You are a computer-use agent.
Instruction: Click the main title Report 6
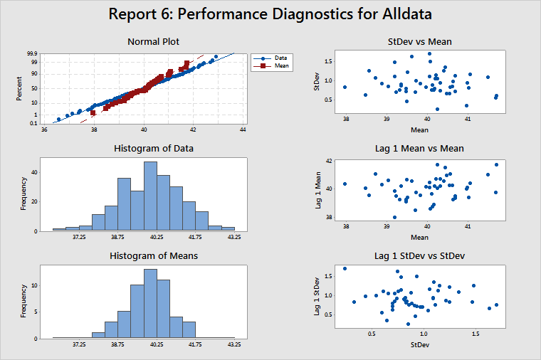tap(270, 14)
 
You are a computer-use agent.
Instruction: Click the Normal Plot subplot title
tap(153, 41)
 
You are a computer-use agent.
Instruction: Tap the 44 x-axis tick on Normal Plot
tap(243, 130)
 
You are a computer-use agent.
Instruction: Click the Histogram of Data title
tap(154, 148)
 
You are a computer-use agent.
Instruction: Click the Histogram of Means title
tap(153, 255)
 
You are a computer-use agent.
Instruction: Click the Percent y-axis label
tap(20, 88)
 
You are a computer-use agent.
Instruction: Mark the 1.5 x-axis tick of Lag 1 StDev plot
tap(476, 332)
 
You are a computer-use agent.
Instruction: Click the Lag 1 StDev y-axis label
tap(317, 295)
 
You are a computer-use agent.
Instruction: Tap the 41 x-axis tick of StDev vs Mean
tap(468, 119)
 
